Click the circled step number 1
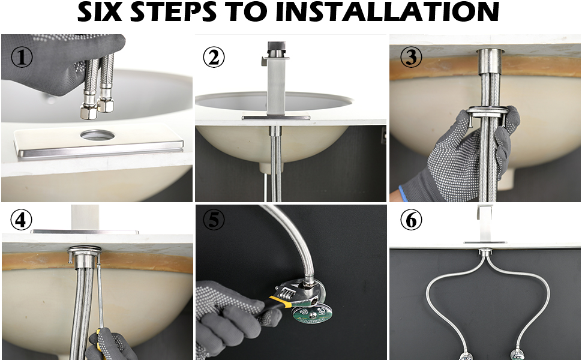coord(22,57)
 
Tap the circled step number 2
coord(214,57)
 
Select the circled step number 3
coord(411,57)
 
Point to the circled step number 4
coord(21,220)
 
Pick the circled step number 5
coord(214,220)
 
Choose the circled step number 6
coord(411,220)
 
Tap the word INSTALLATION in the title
coord(388,11)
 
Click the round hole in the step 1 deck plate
coord(98,136)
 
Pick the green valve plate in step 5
coord(313,312)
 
